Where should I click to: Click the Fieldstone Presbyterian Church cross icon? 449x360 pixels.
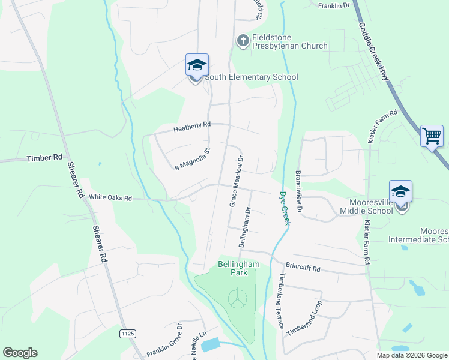point(243,41)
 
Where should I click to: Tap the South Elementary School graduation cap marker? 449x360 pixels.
point(196,65)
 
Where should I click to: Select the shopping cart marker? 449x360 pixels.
point(432,136)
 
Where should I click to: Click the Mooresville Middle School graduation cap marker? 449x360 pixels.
point(400,192)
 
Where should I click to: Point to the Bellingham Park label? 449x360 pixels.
point(238,268)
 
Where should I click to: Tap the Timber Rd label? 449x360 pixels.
point(44,158)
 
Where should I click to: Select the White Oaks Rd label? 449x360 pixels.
point(110,197)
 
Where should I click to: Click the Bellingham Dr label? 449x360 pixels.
point(244,228)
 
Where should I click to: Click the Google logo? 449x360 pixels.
point(20,353)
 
